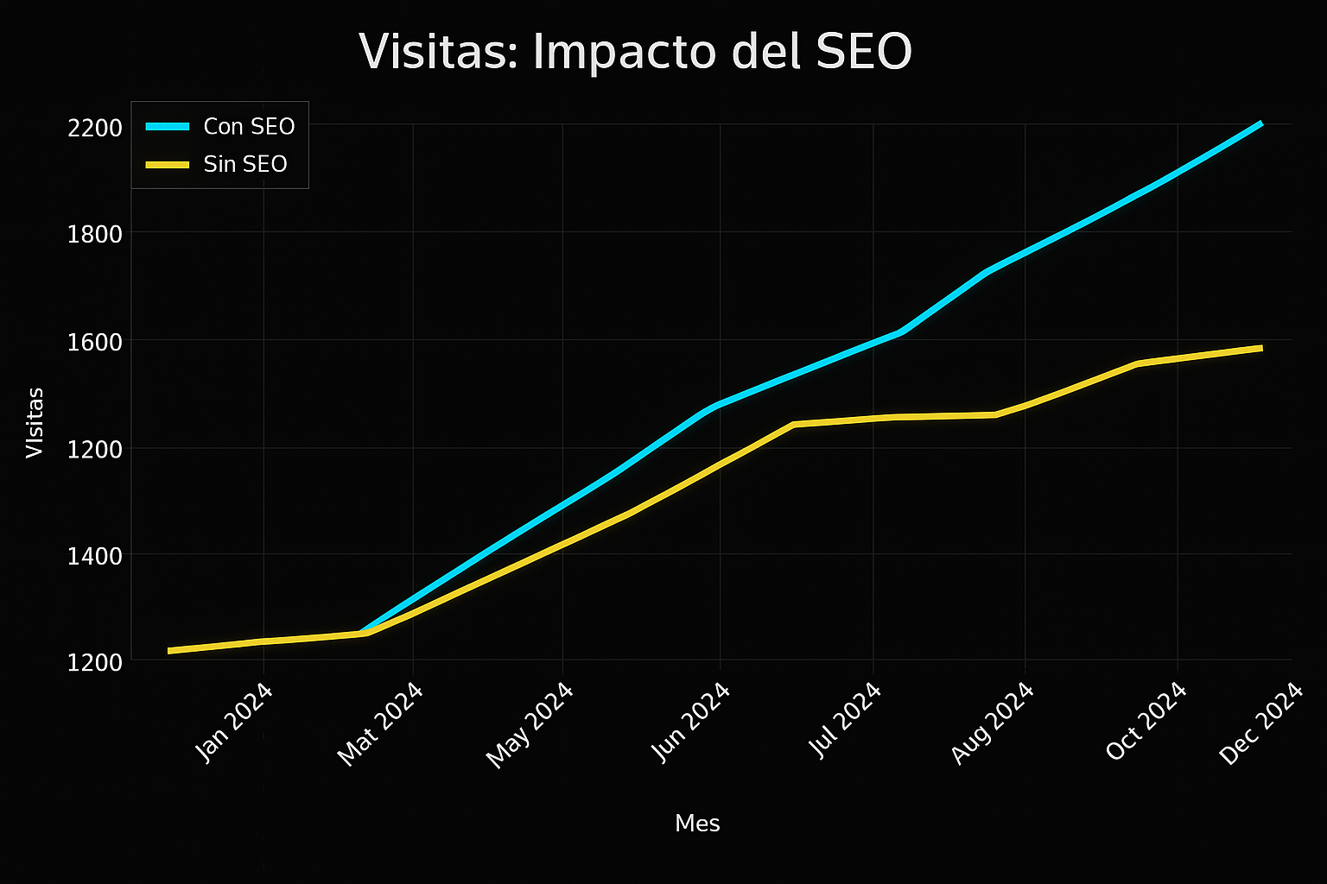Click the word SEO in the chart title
point(859,52)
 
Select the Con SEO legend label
point(249,127)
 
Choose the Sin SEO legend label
point(245,164)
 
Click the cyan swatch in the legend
point(167,127)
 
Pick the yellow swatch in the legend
point(167,164)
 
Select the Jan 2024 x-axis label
point(234,723)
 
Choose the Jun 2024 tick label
point(691,723)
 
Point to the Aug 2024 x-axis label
point(993,723)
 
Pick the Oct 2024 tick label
point(1146,722)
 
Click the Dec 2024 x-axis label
point(1260,723)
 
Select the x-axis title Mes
point(697,824)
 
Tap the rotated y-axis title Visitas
point(35,422)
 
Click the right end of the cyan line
point(1261,123)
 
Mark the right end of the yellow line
point(1261,348)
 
